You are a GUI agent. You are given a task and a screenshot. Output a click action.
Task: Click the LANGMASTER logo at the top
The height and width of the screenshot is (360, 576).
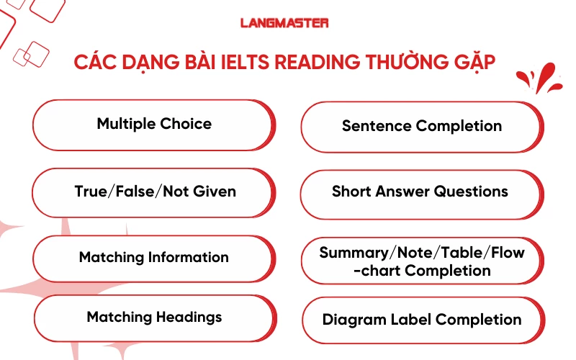pos(284,23)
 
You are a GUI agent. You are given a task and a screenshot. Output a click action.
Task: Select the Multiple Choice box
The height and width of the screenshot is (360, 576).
pos(154,124)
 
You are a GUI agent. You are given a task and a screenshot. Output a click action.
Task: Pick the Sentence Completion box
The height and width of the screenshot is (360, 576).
pos(421,126)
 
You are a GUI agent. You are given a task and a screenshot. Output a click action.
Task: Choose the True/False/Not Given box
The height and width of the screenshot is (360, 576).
pos(155,192)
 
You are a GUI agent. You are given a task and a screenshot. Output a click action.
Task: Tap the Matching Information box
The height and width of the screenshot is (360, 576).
pos(154,257)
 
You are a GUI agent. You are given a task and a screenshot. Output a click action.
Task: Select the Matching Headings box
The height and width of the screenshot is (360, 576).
pos(154,317)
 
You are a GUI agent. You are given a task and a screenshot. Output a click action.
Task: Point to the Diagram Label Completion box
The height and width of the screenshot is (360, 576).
pos(422,320)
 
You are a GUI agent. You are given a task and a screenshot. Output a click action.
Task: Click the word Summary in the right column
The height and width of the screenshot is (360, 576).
pos(353,253)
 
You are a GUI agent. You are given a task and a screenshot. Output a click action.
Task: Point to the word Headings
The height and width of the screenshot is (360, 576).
pos(189,317)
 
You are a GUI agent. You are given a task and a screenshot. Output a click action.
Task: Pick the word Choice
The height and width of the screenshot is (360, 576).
pos(186,124)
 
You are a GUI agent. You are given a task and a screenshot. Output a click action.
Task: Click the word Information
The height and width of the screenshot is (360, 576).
pos(188,257)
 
